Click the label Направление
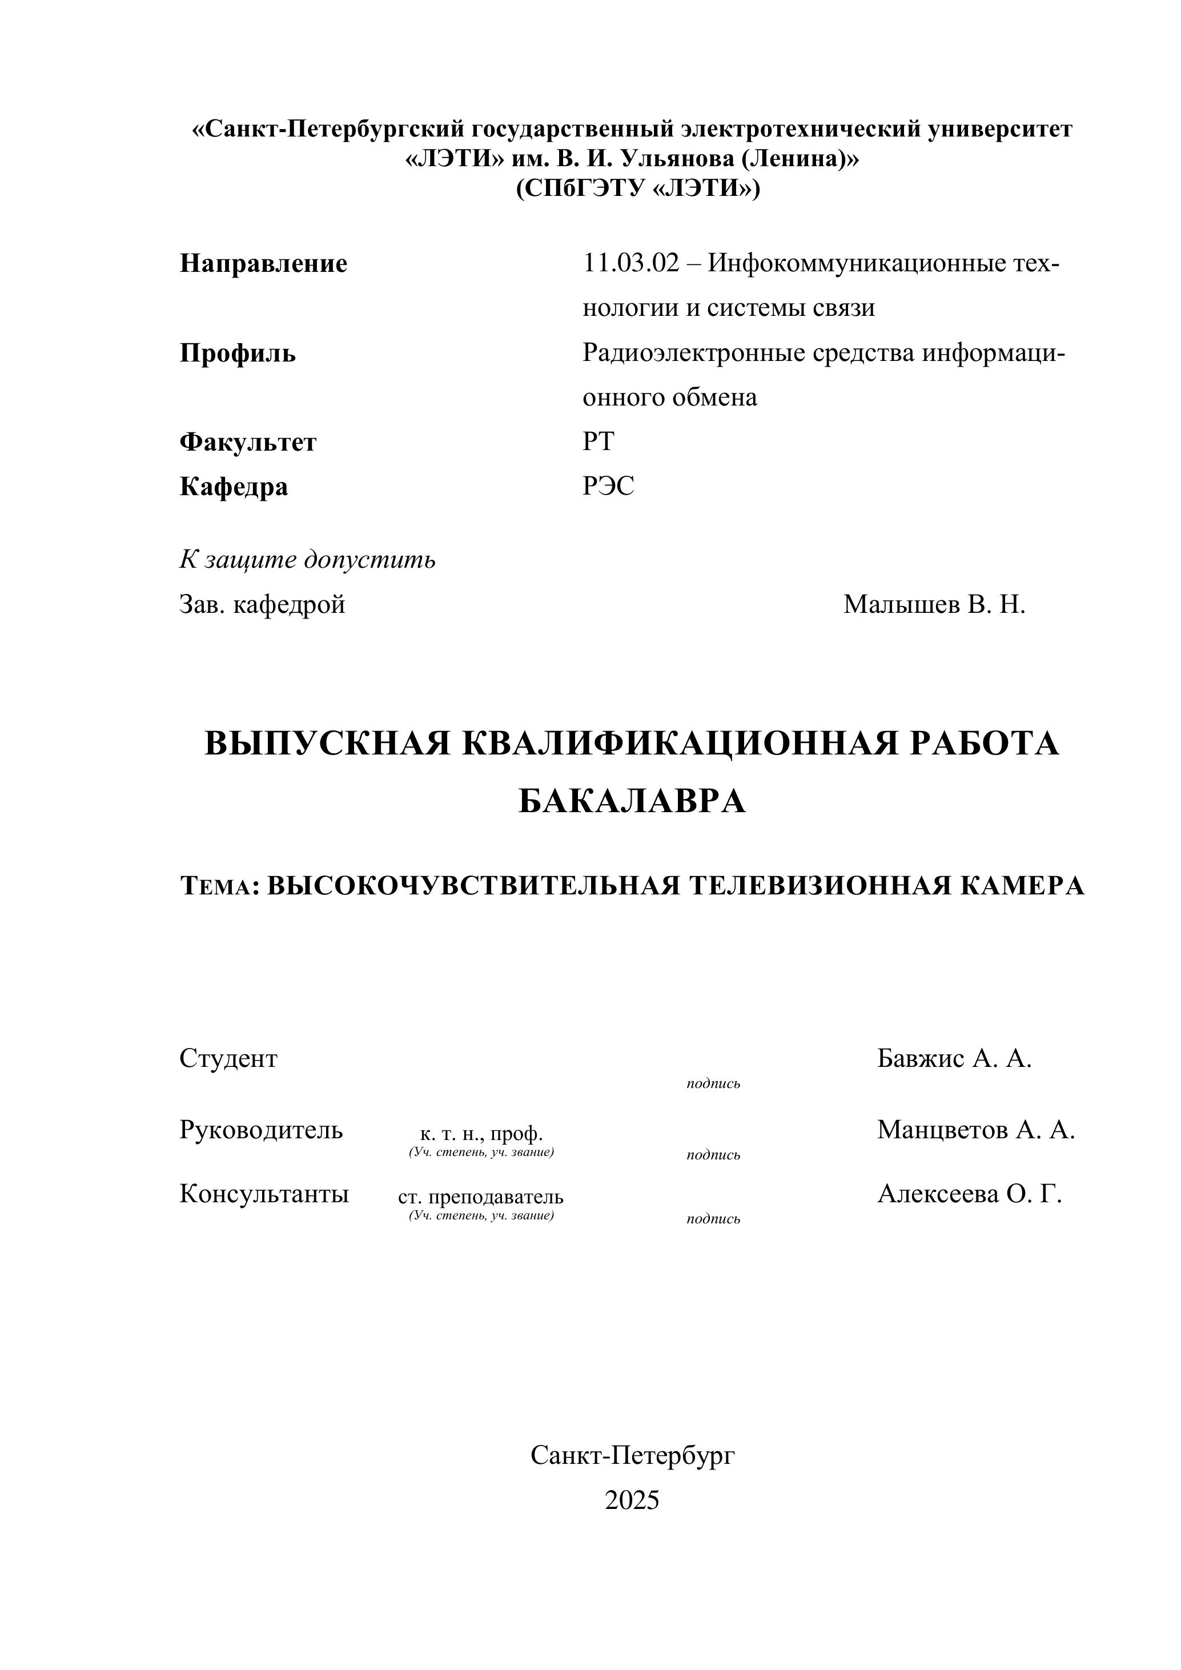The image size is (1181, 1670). click(263, 263)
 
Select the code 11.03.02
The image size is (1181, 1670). click(630, 263)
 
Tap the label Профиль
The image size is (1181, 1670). click(238, 354)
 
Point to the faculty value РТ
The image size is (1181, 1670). click(598, 441)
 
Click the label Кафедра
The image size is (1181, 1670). click(234, 487)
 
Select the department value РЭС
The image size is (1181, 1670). click(608, 486)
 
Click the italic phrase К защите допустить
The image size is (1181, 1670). click(308, 560)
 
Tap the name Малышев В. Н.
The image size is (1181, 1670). click(934, 604)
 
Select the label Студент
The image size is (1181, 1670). click(228, 1059)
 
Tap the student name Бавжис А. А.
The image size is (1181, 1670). click(954, 1059)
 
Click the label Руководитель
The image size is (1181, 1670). click(261, 1130)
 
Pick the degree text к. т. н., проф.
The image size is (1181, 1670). click(481, 1134)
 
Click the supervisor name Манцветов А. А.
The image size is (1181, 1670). click(975, 1130)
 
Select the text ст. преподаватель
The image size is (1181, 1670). click(481, 1197)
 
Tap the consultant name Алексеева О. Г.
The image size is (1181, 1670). click(969, 1194)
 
